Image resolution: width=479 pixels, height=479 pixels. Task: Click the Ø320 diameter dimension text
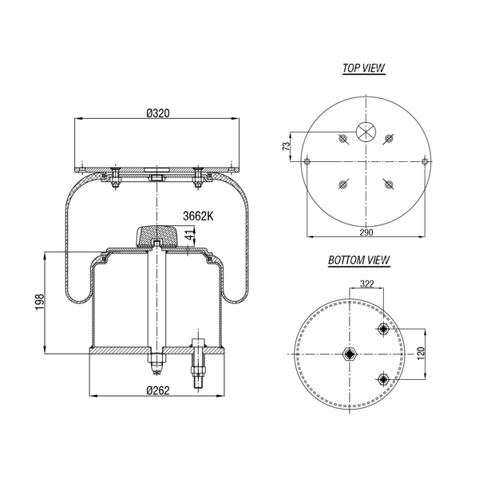[x=157, y=113]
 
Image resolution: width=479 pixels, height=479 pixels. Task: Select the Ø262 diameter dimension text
[x=157, y=390]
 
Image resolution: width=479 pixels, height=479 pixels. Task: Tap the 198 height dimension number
[x=40, y=302]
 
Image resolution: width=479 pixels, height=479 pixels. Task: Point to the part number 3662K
[x=198, y=216]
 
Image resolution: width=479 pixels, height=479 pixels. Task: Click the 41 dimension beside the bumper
[x=190, y=236]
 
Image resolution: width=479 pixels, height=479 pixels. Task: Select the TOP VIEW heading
[x=363, y=68]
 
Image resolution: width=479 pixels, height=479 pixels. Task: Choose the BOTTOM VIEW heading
[x=359, y=260]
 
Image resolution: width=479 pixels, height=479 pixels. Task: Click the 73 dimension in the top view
[x=286, y=146]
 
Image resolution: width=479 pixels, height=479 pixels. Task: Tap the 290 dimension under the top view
[x=366, y=232]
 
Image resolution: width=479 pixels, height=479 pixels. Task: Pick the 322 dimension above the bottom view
[x=366, y=284]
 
